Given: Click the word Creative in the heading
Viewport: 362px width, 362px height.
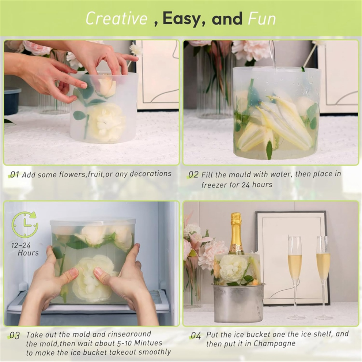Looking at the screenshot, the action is click(117, 18).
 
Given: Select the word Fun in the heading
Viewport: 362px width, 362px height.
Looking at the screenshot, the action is click(262, 19).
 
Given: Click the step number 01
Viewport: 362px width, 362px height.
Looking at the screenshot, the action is click(15, 174).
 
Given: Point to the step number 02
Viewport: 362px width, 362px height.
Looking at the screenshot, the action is click(193, 175).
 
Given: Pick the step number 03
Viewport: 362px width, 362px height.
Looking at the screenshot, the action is click(15, 335).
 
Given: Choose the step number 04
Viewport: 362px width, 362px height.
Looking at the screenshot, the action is click(196, 335).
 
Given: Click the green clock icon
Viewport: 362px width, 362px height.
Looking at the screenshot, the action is click(25, 225).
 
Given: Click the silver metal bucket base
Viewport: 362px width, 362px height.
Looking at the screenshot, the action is click(238, 303).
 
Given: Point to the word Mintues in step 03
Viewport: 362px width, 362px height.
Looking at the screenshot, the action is click(148, 343).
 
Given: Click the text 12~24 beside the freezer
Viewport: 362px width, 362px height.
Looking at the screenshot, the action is click(21, 245).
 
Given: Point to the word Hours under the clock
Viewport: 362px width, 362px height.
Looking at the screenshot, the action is click(28, 253).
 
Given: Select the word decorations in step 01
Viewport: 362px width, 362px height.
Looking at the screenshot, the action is click(151, 174).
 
